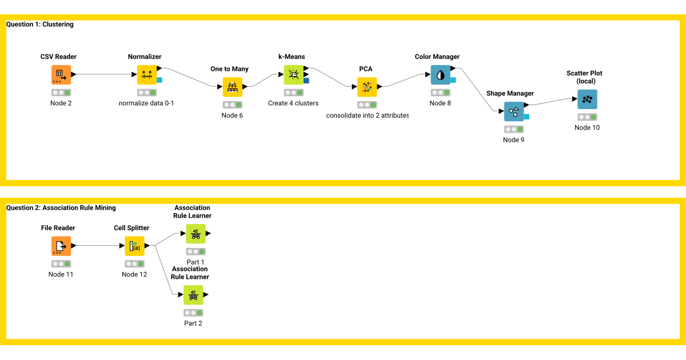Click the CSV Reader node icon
coord(61,75)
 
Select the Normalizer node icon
coord(147,75)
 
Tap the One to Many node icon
coord(232,87)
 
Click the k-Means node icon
coord(294,74)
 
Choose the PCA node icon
coord(367,87)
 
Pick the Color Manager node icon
coord(440,75)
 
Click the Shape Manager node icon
coord(513,111)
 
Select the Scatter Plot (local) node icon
coord(587,99)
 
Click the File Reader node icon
coord(61,246)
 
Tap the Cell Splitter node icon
coord(135,246)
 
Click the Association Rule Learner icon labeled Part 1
coord(196,234)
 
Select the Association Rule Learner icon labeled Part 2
coord(193,295)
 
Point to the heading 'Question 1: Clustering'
coord(40,25)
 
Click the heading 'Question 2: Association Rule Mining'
coord(61,208)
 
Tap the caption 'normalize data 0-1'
coord(146,103)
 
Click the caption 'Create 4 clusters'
coord(293,103)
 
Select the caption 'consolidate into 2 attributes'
coord(368,115)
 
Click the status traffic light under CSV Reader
coord(61,92)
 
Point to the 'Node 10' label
coord(587,127)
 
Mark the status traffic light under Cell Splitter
coord(134,263)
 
